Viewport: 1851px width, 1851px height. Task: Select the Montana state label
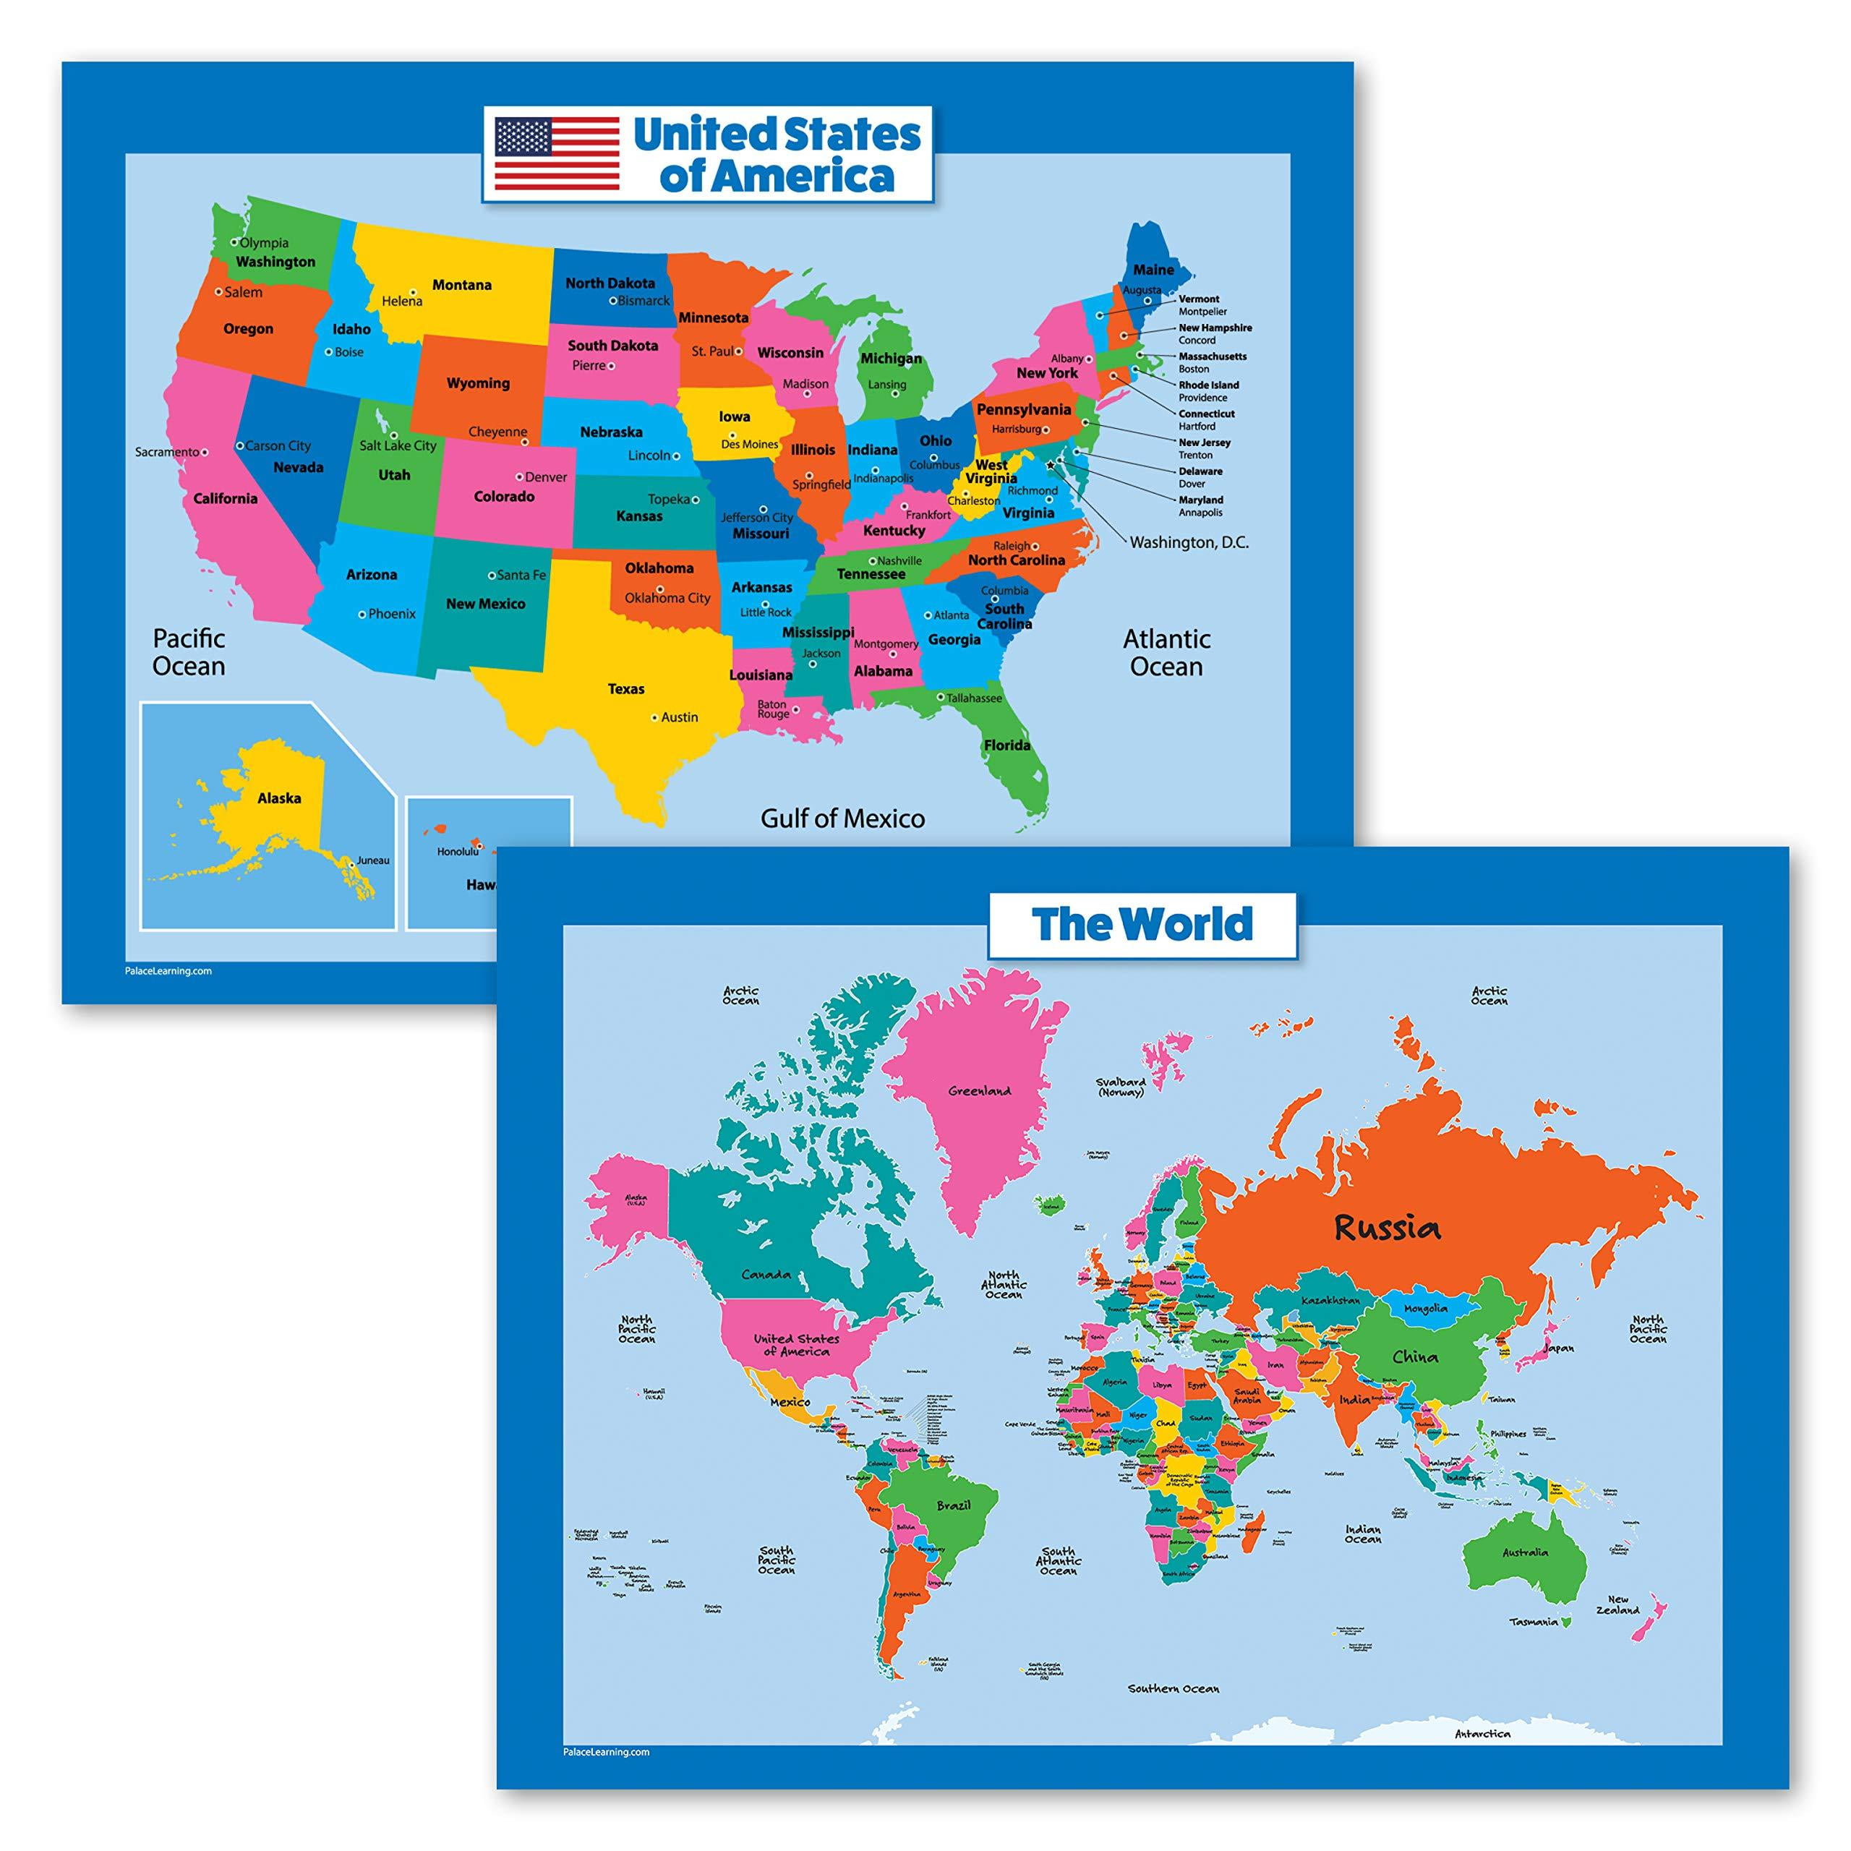[462, 285]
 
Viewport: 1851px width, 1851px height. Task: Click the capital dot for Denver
[519, 476]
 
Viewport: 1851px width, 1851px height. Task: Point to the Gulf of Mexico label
[842, 818]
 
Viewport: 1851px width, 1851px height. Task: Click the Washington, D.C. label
[1189, 542]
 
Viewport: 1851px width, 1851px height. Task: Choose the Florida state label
[1007, 745]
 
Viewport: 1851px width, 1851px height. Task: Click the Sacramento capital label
[167, 451]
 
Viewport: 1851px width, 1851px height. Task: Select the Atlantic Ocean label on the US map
[1166, 652]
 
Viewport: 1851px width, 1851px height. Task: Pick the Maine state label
[1153, 270]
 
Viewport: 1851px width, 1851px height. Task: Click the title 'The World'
[1142, 925]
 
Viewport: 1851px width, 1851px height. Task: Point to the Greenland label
[979, 1090]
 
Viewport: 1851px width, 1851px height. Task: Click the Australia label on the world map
[1524, 1552]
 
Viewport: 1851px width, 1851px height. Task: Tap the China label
[1415, 1356]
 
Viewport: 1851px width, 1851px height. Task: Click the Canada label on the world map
[766, 1274]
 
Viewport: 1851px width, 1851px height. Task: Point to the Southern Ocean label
[1173, 1715]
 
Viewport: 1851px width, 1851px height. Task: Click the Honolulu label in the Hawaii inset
[457, 852]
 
